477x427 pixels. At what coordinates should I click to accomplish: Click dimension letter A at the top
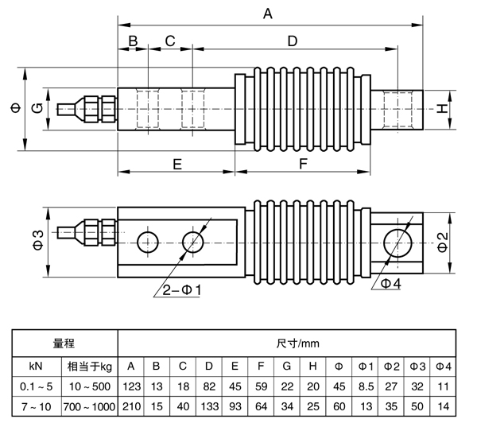coord(267,14)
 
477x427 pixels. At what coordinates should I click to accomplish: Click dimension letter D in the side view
coord(291,41)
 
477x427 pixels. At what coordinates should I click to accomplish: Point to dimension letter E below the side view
coord(177,164)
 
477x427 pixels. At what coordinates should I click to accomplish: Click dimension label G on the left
coord(37,108)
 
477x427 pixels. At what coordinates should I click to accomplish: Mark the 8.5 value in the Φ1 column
coord(365,386)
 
